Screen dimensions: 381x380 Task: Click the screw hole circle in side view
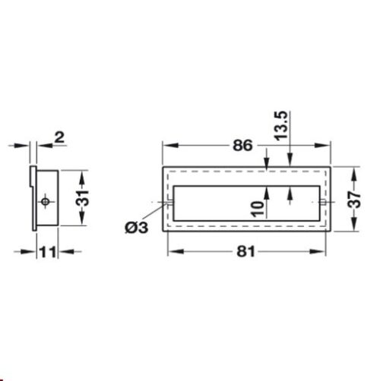(x=46, y=201)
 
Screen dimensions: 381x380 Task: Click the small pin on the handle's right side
(x=325, y=203)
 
